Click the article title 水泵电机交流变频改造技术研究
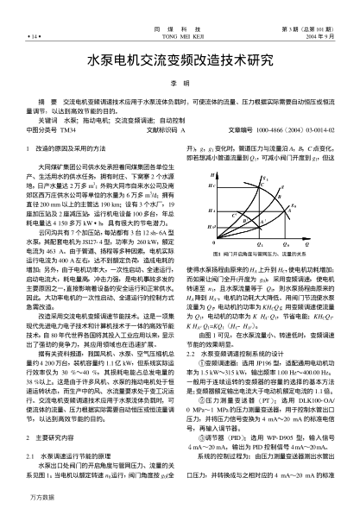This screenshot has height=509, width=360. [x=180, y=62]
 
